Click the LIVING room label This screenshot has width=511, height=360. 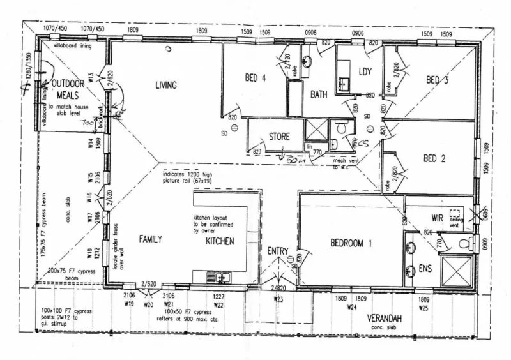tap(165, 85)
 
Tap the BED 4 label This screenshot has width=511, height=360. tap(255, 79)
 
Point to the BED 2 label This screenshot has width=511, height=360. tap(434, 158)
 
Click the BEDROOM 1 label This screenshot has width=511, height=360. tap(351, 243)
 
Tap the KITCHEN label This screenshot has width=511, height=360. tap(220, 241)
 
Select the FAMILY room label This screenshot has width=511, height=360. tap(151, 239)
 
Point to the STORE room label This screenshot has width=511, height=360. tap(279, 137)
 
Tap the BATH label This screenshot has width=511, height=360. tap(319, 94)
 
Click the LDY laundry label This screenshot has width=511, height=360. tap(365, 71)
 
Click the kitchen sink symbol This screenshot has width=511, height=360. tap(218, 278)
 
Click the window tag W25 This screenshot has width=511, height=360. tap(423, 308)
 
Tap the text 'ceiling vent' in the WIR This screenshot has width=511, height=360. tap(455, 220)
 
